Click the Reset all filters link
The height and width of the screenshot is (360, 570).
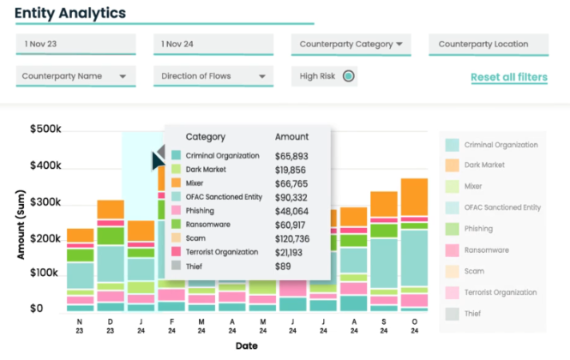[x=508, y=77]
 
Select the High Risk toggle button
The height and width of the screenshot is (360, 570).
[x=348, y=76]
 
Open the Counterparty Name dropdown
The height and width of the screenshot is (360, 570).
[x=75, y=76]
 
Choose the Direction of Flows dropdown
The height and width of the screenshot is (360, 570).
[x=213, y=76]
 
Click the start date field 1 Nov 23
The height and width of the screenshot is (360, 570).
[x=75, y=44]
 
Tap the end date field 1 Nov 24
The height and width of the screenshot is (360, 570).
[x=213, y=44]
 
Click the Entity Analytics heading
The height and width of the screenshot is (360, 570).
[x=70, y=13]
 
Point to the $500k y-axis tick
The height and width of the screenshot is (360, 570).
[x=45, y=129]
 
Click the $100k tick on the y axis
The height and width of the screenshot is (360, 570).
[x=45, y=272]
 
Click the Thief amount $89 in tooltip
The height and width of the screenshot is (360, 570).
[x=283, y=265]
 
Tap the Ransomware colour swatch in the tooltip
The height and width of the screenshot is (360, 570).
[x=176, y=224]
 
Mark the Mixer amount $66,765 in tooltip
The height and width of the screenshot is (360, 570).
[x=292, y=183]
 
